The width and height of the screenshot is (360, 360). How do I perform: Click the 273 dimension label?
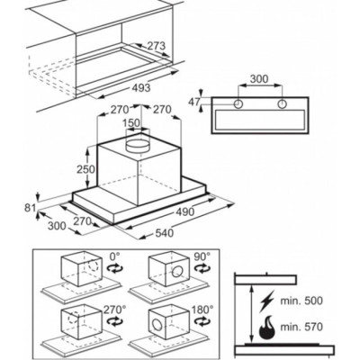coord(156,46)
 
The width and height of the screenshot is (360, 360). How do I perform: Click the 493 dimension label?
coord(140,87)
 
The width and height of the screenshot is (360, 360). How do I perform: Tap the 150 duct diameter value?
coord(131,123)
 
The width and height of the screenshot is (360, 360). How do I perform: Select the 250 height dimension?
coord(85,169)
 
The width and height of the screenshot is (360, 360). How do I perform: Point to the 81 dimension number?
coord(30,208)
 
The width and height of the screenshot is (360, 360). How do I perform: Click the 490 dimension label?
coord(184,211)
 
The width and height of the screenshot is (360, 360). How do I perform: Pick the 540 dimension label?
coord(164,232)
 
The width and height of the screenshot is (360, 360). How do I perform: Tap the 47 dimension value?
coord(194,102)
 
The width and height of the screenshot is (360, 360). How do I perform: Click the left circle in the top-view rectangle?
coord(238,104)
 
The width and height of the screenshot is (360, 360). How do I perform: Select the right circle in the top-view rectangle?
coord(282,104)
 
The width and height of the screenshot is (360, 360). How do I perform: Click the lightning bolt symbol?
coord(266,300)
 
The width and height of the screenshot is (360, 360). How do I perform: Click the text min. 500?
coord(301,301)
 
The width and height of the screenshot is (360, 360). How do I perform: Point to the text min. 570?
coord(301,327)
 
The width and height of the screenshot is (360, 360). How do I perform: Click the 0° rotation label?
coord(114,256)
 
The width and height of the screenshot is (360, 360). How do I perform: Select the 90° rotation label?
coord(202,256)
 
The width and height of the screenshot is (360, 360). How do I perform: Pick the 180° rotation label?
coord(203,309)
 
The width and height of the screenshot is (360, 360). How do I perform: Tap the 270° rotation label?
coord(113,309)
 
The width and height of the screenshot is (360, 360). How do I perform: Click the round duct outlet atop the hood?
coord(138,145)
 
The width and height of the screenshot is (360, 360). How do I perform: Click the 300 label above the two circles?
coord(259,79)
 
